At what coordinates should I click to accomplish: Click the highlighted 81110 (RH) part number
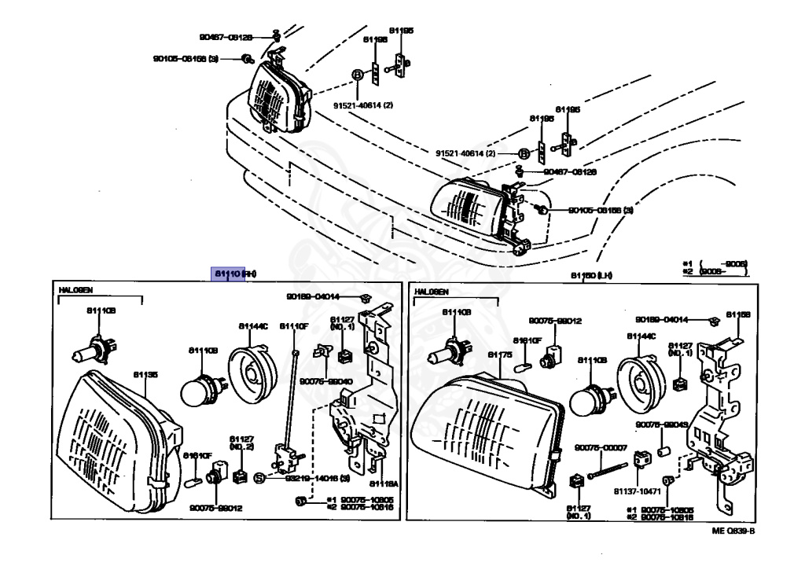click(x=233, y=274)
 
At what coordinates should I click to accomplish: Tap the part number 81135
click(x=145, y=375)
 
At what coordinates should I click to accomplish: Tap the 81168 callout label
click(x=737, y=314)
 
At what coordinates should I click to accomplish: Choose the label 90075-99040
click(x=329, y=380)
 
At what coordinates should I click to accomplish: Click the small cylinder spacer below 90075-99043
click(x=662, y=453)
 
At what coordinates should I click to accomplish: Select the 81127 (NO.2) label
click(x=240, y=443)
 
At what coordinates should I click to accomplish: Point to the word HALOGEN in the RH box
click(x=76, y=291)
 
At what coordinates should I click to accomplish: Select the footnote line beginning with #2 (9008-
click(x=715, y=270)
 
